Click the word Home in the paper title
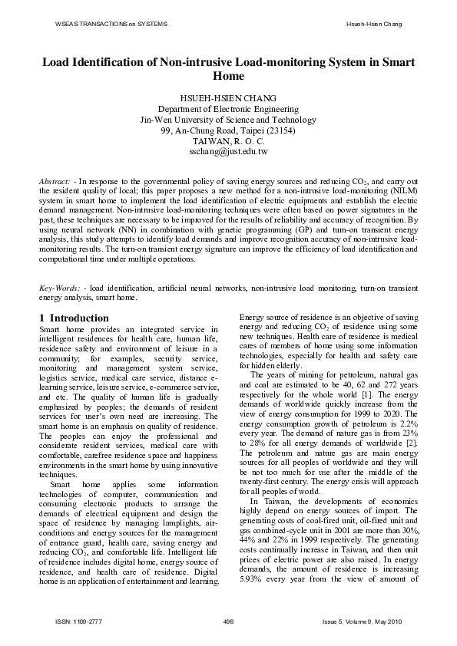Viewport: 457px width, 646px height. pos(228,76)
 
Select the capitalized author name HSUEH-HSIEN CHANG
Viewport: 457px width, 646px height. pos(227,98)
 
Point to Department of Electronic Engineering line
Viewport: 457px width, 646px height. pos(227,109)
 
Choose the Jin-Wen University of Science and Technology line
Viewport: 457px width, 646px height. pos(227,120)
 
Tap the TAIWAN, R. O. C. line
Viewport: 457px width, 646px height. pos(227,141)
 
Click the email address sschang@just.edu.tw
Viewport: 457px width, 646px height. pos(227,152)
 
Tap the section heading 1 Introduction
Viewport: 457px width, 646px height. pos(74,318)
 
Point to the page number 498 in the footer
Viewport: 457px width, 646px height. pos(227,620)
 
